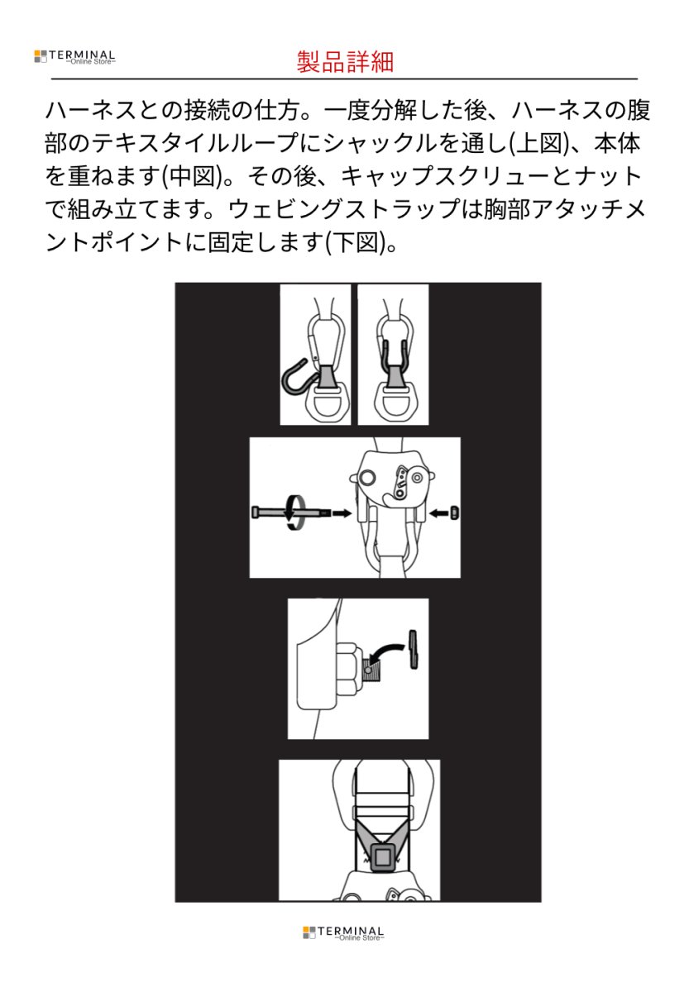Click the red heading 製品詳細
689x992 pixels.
click(344, 60)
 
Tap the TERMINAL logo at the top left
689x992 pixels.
click(74, 57)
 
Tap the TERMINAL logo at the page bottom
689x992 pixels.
click(343, 933)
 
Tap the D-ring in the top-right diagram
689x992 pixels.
click(393, 406)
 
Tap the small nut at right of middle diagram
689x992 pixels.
click(455, 513)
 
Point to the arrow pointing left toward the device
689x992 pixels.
click(439, 513)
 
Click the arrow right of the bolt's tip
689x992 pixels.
click(340, 513)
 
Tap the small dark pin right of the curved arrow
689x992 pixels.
click(414, 651)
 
